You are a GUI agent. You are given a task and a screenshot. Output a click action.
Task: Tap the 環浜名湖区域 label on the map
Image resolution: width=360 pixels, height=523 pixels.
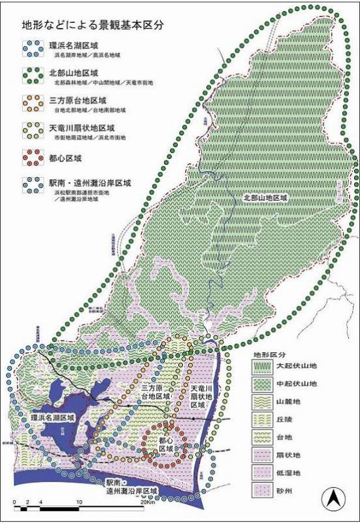(53, 416)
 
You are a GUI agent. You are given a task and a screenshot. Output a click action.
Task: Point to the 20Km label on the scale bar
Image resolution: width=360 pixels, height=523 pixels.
(146, 504)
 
